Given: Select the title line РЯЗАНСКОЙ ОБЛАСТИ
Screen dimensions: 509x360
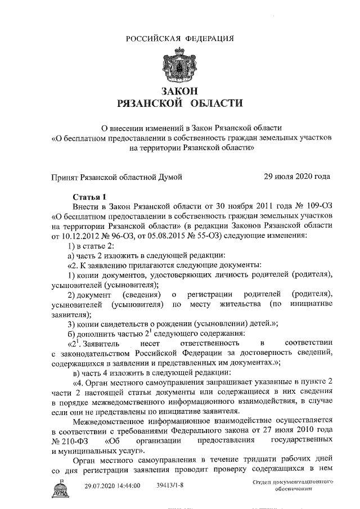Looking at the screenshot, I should (179, 104).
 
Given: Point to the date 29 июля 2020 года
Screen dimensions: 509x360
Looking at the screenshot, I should (297, 177).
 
